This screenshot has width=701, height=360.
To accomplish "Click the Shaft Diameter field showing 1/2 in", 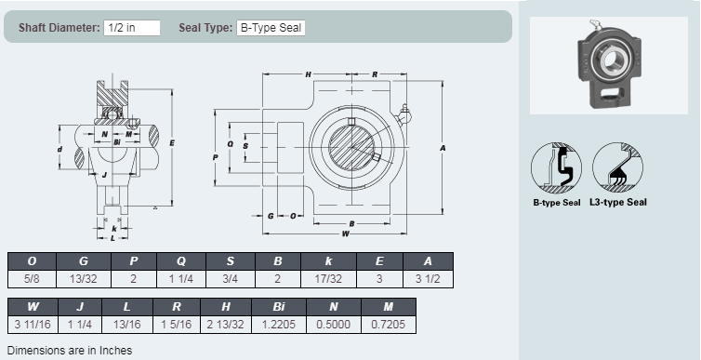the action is tap(132, 28).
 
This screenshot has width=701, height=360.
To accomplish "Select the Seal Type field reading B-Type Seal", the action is tap(271, 28).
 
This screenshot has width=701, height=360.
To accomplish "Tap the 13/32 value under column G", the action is tap(84, 279).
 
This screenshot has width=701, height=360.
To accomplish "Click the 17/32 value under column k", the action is tap(328, 279).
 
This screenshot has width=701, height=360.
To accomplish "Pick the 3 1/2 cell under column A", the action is tap(428, 279).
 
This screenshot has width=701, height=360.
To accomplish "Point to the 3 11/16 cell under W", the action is tap(33, 325).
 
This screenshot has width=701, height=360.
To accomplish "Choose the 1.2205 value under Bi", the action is tap(279, 325).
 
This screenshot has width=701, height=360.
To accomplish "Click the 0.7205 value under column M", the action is tap(388, 325).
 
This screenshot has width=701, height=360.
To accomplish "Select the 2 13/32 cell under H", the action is tap(226, 325).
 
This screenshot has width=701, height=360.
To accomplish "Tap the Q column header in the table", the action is tap(181, 261).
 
